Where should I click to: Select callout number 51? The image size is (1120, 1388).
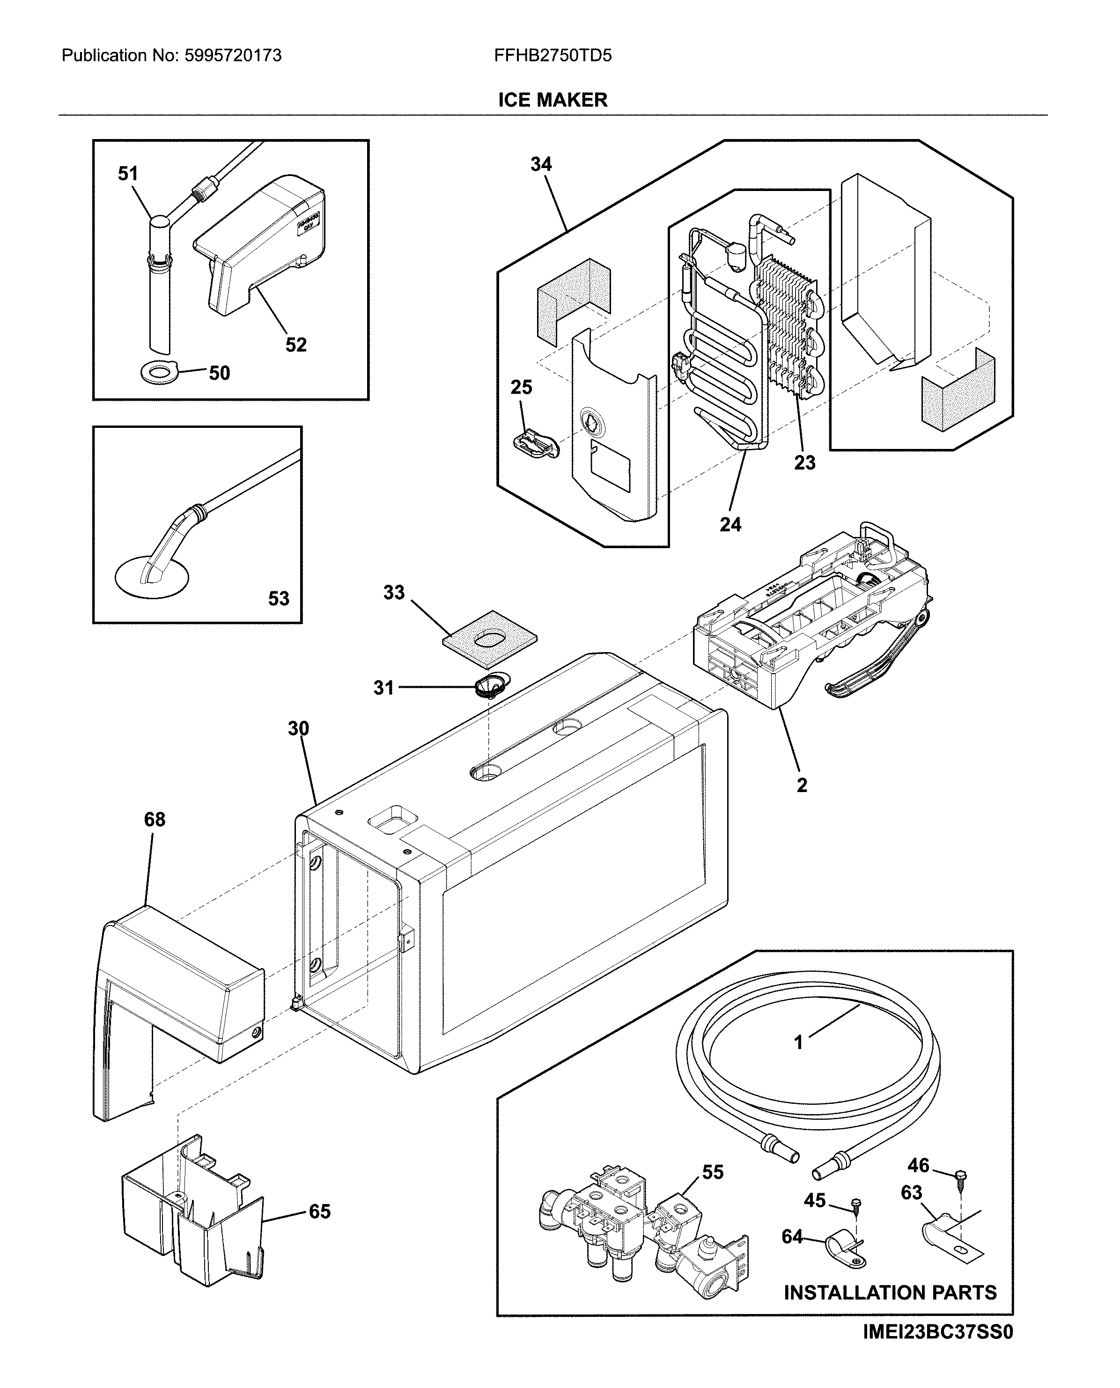[x=128, y=174]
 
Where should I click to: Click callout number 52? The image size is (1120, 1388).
[x=296, y=345]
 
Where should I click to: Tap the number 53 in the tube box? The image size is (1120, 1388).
[x=279, y=599]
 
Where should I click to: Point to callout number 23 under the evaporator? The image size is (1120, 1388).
[x=804, y=463]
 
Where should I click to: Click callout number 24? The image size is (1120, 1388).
[x=730, y=524]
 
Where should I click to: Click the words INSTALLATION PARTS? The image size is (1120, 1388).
[x=890, y=1293]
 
